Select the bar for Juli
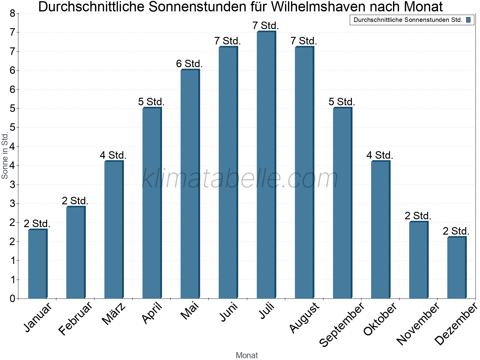click(x=266, y=165)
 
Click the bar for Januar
click(x=37, y=264)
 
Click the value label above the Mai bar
click(x=189, y=64)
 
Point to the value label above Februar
click(x=75, y=201)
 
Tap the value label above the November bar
click(x=418, y=216)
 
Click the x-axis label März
click(x=114, y=313)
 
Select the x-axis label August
click(x=304, y=317)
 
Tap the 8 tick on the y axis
click(x=12, y=13)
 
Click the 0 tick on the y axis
click(x=12, y=298)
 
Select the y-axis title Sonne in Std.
click(x=5, y=156)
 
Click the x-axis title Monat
click(x=247, y=355)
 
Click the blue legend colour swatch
click(x=468, y=20)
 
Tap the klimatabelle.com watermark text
click(x=240, y=178)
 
